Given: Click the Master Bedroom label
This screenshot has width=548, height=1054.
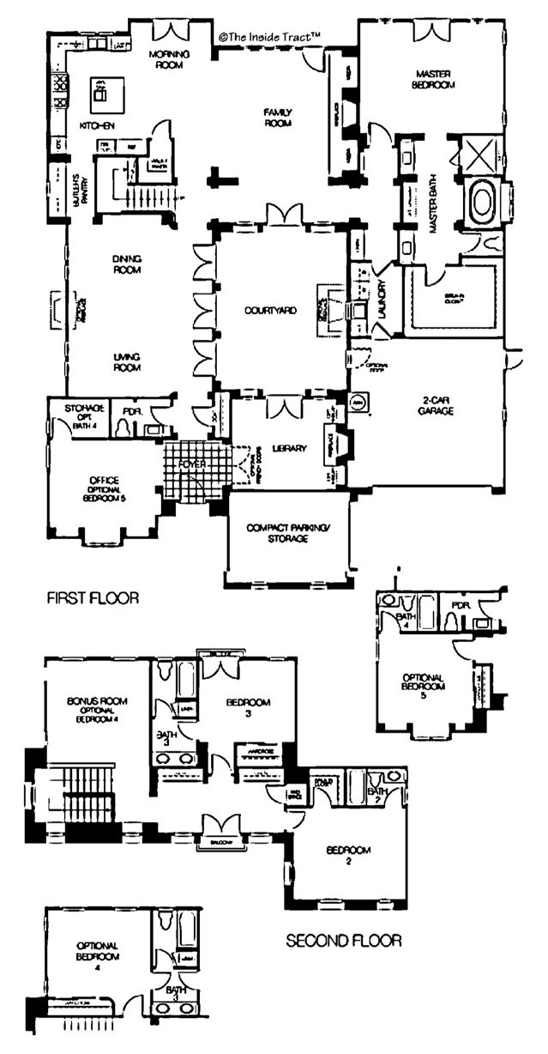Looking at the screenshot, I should [x=433, y=79].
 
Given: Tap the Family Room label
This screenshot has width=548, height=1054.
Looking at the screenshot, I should [x=279, y=117].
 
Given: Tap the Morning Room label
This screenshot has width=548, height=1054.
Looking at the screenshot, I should [x=168, y=58].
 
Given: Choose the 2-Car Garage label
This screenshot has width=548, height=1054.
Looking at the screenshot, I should [x=437, y=405].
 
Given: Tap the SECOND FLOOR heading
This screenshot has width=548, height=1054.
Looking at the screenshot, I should [x=343, y=941].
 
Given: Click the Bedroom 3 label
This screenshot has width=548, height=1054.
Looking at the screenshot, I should [x=248, y=707].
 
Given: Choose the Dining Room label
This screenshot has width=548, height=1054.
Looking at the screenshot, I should [x=125, y=263].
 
